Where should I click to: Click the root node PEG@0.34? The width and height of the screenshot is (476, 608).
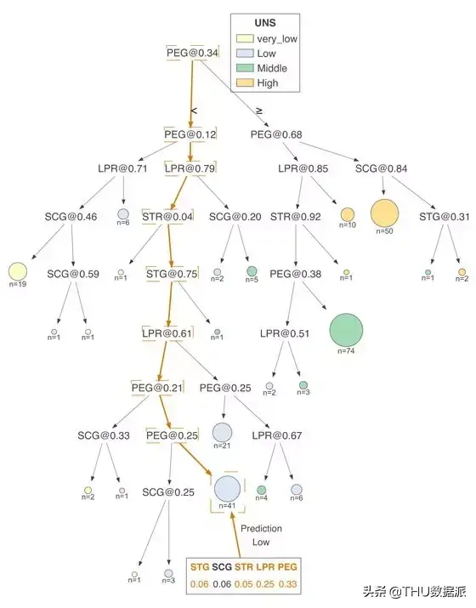pyautogui.click(x=192, y=53)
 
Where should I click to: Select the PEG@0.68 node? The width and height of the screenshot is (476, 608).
pyautogui.click(x=276, y=134)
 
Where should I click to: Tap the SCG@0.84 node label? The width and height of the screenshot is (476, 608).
pyautogui.click(x=381, y=168)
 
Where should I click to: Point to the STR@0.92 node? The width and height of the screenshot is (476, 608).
pyautogui.click(x=296, y=216)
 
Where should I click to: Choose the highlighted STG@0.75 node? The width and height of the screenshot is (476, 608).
pyautogui.click(x=172, y=274)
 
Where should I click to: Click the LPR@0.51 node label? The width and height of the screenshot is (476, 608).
pyautogui.click(x=285, y=333)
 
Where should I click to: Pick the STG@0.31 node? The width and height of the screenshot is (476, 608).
pyautogui.click(x=445, y=216)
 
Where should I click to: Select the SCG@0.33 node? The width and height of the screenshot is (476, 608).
pyautogui.click(x=104, y=435)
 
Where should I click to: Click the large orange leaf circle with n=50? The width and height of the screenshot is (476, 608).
pyautogui.click(x=384, y=213)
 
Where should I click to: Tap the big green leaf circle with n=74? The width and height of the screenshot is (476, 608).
pyautogui.click(x=346, y=330)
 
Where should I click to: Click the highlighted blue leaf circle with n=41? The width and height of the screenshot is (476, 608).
pyautogui.click(x=227, y=489)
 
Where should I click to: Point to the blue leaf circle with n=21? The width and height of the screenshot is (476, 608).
pyautogui.click(x=222, y=432)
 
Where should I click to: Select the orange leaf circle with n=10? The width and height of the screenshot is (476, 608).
pyautogui.click(x=348, y=214)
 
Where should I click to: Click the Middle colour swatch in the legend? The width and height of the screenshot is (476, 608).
pyautogui.click(x=245, y=68)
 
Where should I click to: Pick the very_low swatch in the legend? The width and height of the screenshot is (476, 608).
pyautogui.click(x=245, y=39)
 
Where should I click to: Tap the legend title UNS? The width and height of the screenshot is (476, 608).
pyautogui.click(x=265, y=23)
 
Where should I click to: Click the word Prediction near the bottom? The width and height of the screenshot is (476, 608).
pyautogui.click(x=261, y=529)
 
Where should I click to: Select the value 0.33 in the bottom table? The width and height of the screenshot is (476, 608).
pyautogui.click(x=287, y=584)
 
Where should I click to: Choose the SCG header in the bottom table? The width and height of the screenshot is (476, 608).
pyautogui.click(x=222, y=567)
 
